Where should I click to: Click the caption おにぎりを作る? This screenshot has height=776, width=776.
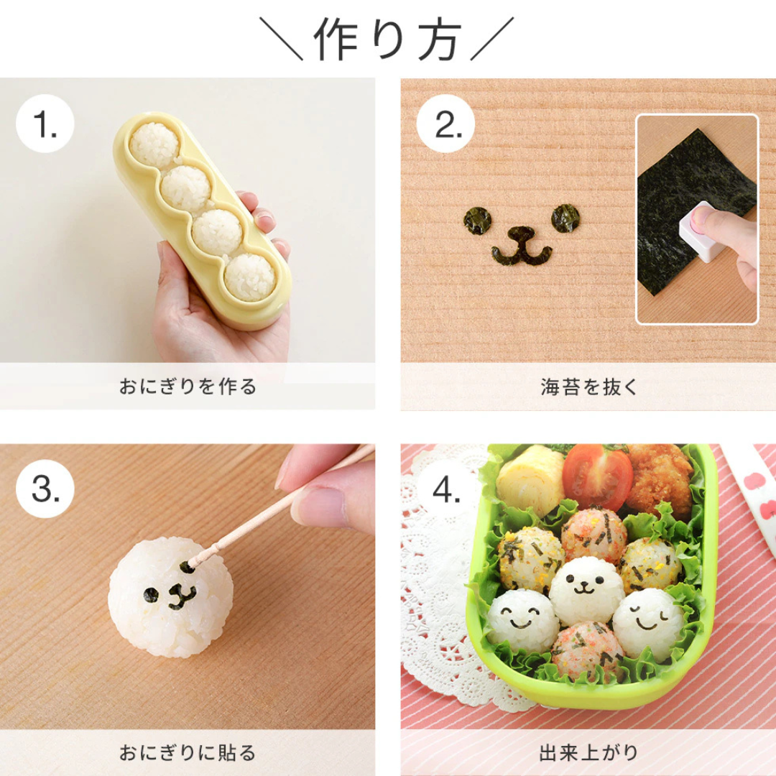pos(187,387)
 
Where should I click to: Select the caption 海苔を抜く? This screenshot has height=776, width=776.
pos(588,387)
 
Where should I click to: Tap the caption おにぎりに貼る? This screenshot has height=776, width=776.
pos(187,753)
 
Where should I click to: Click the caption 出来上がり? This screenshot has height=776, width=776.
pos(588,753)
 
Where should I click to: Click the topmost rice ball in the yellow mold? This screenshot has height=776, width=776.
pos(154,142)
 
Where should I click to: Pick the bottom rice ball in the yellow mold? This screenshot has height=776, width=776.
pos(249,277)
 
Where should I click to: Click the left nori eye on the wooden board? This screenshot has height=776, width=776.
pos(476,220)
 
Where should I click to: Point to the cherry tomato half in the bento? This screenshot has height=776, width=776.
pos(597,477)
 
